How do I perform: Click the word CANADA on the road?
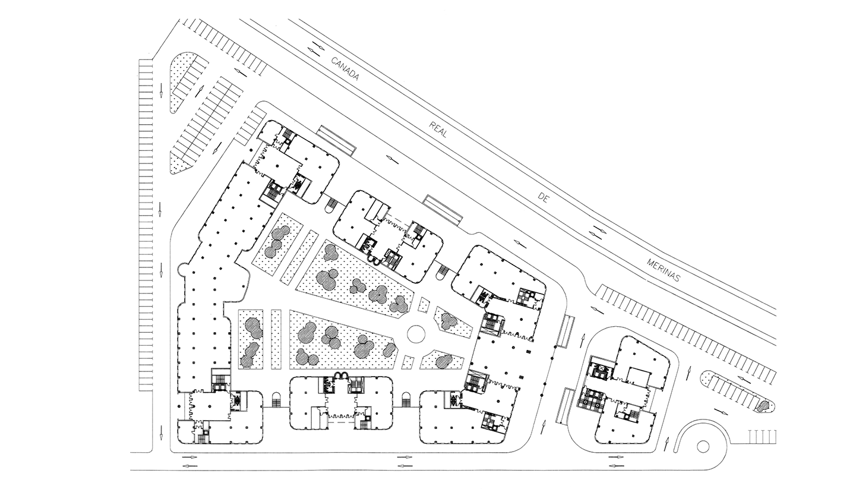click(x=345, y=69)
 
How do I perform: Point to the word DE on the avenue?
click(x=542, y=198)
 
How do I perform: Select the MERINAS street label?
click(x=663, y=270)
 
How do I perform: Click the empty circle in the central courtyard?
click(x=416, y=333)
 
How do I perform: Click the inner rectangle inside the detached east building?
click(x=639, y=377)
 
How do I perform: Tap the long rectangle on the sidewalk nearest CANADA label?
click(x=336, y=141)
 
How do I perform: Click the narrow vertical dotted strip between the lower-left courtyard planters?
click(x=276, y=339)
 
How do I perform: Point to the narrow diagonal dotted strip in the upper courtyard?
click(x=299, y=257)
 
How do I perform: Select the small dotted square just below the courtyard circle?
click(x=408, y=362)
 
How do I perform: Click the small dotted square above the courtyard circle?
click(x=423, y=305)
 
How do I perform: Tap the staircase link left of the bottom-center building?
click(x=277, y=400)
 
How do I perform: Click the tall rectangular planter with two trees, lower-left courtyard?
click(x=251, y=339)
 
